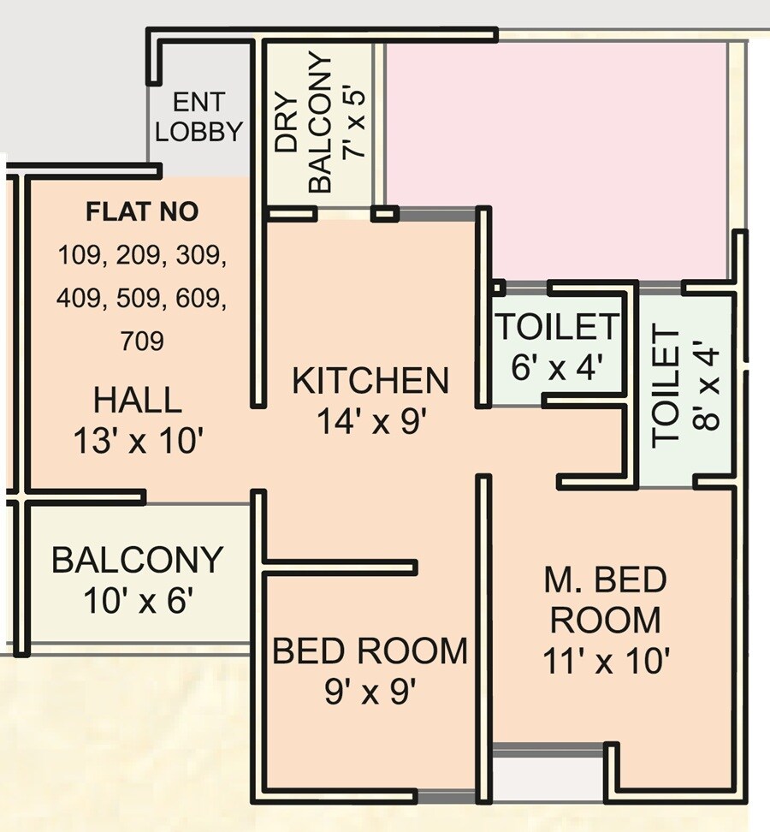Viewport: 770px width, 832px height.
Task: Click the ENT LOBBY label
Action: click(x=199, y=117)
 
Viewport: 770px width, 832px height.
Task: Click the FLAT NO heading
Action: click(x=142, y=211)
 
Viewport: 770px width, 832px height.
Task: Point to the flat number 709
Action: click(x=142, y=342)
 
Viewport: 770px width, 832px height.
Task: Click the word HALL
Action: click(x=138, y=400)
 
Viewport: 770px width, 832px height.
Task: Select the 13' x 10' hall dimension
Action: click(x=138, y=441)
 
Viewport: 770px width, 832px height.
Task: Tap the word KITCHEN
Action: click(x=370, y=381)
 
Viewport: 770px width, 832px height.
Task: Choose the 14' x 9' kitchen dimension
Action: click(x=370, y=421)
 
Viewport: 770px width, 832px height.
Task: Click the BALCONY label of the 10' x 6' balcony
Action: click(x=137, y=560)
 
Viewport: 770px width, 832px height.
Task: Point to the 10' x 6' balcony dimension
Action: click(x=137, y=601)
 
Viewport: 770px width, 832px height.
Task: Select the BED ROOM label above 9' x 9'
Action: click(x=370, y=651)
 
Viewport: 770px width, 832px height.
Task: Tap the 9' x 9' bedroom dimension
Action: click(x=370, y=691)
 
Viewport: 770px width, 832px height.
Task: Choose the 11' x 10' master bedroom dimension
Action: click(x=606, y=660)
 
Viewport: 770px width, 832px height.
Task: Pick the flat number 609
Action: click(x=201, y=298)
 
